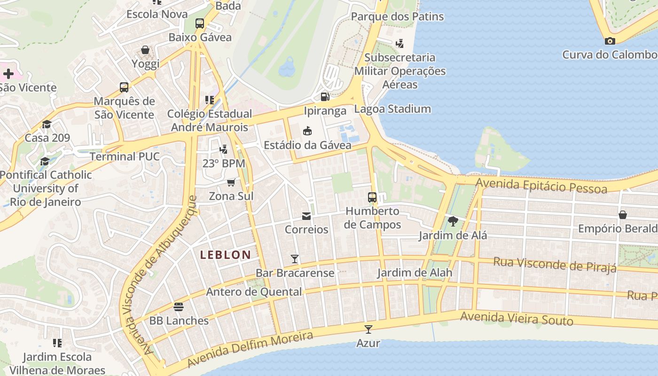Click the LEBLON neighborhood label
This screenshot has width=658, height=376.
click(x=225, y=255)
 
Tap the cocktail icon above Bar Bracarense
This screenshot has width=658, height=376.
click(x=295, y=259)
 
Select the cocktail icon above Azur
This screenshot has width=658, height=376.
click(x=368, y=329)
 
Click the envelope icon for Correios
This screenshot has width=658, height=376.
click(x=306, y=216)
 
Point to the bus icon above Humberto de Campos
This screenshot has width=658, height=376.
click(x=372, y=197)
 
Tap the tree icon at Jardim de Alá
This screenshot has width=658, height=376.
click(x=453, y=221)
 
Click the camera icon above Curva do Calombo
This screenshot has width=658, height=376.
click(x=610, y=41)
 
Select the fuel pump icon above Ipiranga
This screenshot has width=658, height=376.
click(x=325, y=97)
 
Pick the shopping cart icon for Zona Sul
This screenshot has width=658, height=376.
click(x=231, y=182)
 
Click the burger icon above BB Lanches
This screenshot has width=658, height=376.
click(x=179, y=307)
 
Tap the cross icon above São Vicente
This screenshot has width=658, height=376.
click(x=8, y=74)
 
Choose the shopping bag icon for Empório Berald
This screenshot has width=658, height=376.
click(x=623, y=215)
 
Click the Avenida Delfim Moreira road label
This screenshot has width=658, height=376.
click(x=250, y=350)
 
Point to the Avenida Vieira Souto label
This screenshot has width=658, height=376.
click(x=517, y=319)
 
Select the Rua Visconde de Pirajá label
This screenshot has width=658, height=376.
click(x=555, y=265)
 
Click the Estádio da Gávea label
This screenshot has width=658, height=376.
click(x=307, y=145)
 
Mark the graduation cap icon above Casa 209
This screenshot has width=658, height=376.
click(x=47, y=124)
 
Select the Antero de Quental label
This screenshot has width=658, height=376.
click(x=254, y=292)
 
